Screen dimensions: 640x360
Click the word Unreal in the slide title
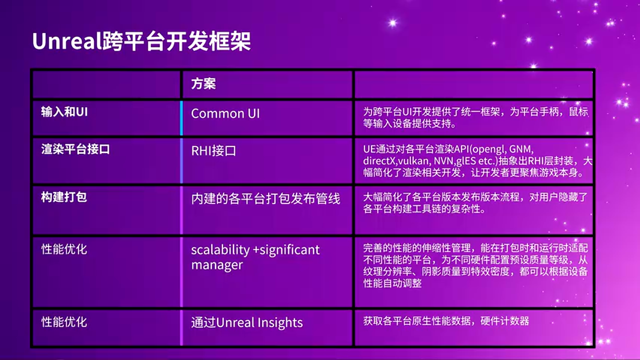point(67,41)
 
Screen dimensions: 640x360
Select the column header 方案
point(203,83)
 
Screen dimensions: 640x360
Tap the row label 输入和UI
point(64,111)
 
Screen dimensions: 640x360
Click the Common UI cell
point(225,113)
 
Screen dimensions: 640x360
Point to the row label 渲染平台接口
point(75,149)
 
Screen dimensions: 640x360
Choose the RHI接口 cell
point(213,151)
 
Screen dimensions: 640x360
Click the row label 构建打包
point(64,197)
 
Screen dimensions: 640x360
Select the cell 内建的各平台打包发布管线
point(265,199)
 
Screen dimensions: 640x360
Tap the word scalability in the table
point(220,250)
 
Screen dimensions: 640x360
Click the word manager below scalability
point(217,265)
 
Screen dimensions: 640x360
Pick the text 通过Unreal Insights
point(247,323)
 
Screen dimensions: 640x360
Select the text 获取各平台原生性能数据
point(417,321)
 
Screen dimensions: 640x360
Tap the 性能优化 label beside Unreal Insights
point(64,322)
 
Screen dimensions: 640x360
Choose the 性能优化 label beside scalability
point(64,249)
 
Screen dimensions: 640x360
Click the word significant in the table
point(289,250)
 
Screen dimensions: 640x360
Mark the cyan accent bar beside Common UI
point(181,118)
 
